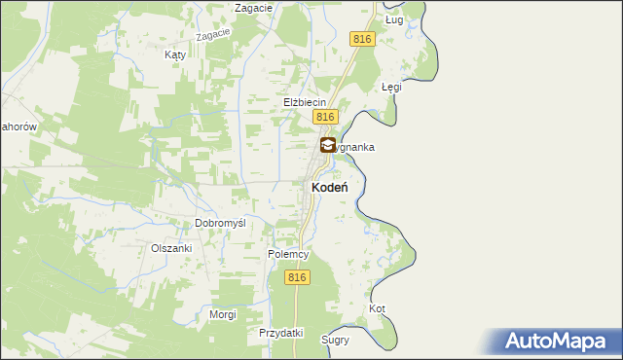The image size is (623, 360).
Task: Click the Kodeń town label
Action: (x=331, y=187)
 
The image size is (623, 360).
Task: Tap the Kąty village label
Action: (x=175, y=55)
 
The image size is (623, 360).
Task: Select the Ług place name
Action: (x=393, y=19)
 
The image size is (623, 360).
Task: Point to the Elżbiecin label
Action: (x=304, y=102)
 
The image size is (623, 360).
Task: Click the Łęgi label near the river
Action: (x=391, y=87)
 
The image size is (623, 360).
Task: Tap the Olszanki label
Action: (x=171, y=248)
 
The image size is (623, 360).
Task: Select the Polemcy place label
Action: (x=288, y=255)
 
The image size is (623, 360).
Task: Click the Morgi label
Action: (x=223, y=315)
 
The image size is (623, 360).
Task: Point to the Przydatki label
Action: (x=281, y=333)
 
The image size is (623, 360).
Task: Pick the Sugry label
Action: (x=335, y=341)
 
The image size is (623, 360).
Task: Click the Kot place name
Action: (x=378, y=309)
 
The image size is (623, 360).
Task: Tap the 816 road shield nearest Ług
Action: (x=362, y=38)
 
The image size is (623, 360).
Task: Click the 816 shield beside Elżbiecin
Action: (x=325, y=117)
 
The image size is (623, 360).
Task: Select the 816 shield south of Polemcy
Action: (x=298, y=277)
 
